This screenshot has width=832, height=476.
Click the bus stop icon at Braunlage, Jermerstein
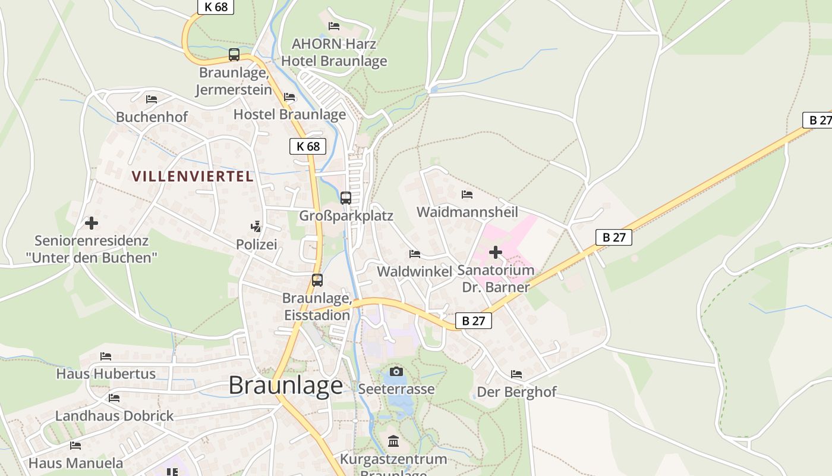234,55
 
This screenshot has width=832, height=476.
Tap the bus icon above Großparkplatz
346,198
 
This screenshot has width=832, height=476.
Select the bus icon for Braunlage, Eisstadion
317,280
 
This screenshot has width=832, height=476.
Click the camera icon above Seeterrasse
396,372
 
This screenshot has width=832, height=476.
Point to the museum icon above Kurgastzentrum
393,441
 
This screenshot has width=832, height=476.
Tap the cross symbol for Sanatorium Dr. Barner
496,253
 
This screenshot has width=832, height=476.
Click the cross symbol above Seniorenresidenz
92,223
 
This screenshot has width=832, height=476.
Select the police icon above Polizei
256,227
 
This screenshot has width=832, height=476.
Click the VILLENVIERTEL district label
193,177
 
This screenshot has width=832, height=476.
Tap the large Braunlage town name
286,386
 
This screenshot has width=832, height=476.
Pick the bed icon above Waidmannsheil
467,195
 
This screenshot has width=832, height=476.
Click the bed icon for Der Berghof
516,374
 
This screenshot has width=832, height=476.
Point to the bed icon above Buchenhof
152,99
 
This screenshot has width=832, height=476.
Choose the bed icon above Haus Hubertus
106,356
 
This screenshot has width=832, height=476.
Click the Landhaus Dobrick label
115,416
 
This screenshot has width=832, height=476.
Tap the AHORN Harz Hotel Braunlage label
334,52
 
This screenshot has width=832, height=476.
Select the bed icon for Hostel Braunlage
289,97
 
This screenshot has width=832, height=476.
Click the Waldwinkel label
415,271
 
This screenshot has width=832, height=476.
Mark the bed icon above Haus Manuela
75,445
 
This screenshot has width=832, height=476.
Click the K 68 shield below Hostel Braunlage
308,146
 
